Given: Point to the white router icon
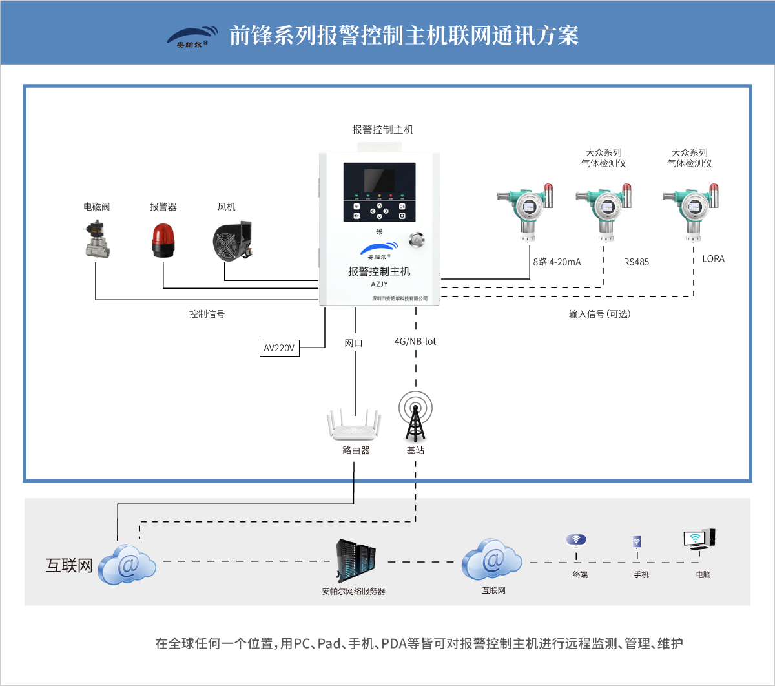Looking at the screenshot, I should [x=355, y=426].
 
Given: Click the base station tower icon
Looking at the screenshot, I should [x=415, y=417].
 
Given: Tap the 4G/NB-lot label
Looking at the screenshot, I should [x=415, y=341].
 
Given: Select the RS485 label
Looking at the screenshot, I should [x=636, y=262].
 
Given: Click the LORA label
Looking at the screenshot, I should [x=713, y=259].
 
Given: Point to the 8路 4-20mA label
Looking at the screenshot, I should [x=557, y=262].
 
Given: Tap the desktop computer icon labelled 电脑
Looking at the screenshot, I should [x=699, y=539].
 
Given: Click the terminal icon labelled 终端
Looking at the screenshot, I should [x=576, y=541].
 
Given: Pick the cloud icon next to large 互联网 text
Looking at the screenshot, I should [x=128, y=565].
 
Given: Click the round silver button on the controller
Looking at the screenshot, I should [x=417, y=241].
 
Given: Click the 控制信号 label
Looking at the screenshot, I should [x=207, y=314].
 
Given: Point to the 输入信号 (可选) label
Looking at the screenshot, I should [x=599, y=314].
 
